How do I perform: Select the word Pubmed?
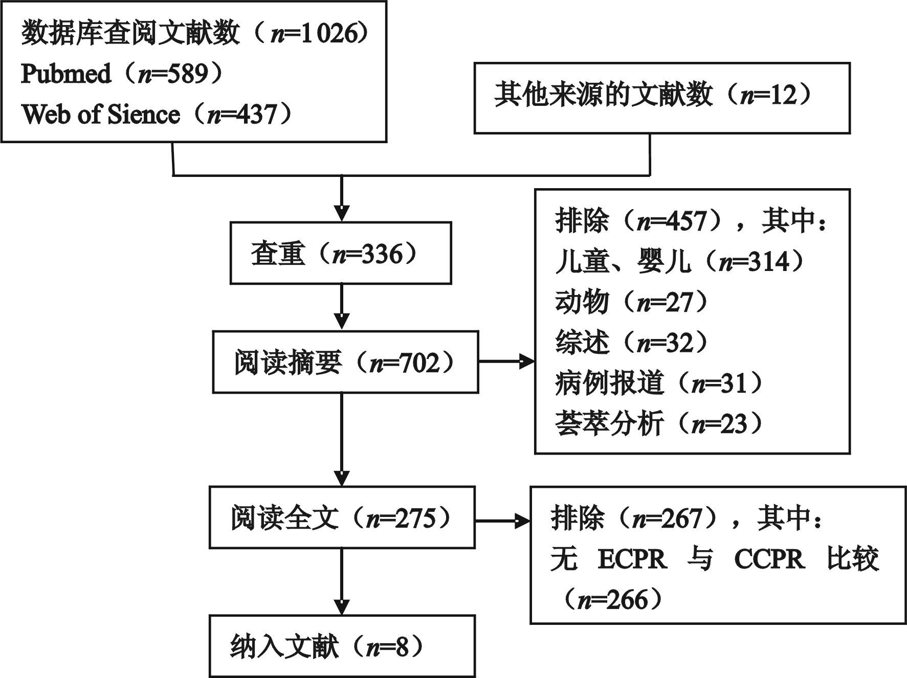click(65, 75)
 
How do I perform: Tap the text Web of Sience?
click(100, 115)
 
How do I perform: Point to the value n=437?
click(241, 115)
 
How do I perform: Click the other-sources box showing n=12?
click(661, 98)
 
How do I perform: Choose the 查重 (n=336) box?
click(340, 253)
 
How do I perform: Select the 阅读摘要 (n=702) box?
click(345, 362)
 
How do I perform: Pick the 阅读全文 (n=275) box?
click(342, 517)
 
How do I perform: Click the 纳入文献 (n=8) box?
click(342, 647)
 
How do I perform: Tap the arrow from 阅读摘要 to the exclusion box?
click(506, 362)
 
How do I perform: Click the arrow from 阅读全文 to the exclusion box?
click(502, 522)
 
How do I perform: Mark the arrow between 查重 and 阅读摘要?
click(341, 307)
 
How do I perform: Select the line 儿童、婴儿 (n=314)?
click(679, 262)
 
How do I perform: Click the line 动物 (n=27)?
click(632, 302)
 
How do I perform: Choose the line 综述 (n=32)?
click(632, 343)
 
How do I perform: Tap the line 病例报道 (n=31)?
click(659, 383)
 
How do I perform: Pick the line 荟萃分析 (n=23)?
click(659, 423)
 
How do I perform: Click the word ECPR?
click(632, 559)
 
